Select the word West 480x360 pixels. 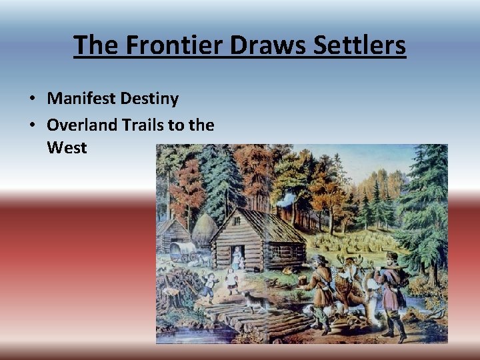tap(67, 147)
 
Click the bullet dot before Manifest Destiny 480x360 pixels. tap(33, 99)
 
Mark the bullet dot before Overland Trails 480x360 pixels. tap(33, 124)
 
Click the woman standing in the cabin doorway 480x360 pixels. tap(236, 257)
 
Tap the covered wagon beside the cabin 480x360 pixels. tap(182, 250)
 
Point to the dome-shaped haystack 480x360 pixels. tap(204, 230)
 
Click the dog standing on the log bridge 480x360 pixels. tap(252, 301)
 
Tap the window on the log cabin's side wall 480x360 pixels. tap(275, 251)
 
